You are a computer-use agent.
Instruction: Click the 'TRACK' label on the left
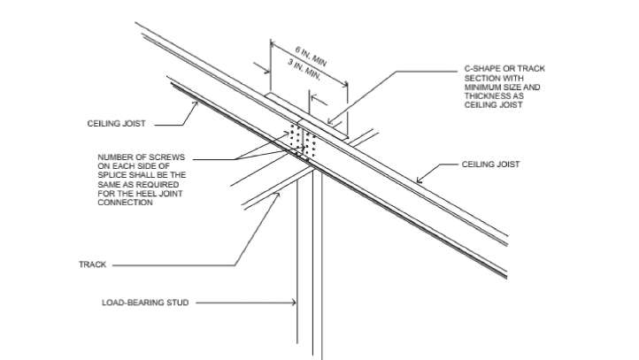[91, 264]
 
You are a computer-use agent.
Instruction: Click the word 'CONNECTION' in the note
[126, 203]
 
